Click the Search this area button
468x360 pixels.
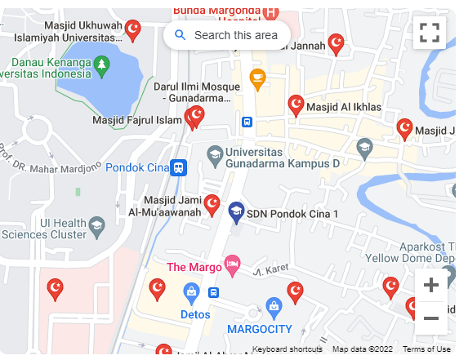[226, 35]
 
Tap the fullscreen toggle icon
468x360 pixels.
[430, 33]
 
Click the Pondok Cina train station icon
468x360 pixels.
[178, 168]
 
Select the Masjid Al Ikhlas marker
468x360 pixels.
[296, 104]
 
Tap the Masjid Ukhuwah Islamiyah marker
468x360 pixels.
[132, 30]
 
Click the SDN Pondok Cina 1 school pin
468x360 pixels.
[236, 212]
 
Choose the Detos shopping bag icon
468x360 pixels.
[191, 291]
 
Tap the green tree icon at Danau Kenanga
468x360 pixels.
[100, 64]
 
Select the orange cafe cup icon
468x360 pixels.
[257, 79]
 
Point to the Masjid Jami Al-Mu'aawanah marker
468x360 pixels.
[212, 204]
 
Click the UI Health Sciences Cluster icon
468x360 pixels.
[96, 224]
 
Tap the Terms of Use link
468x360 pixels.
[426, 349]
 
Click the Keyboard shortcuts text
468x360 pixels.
[287, 349]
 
